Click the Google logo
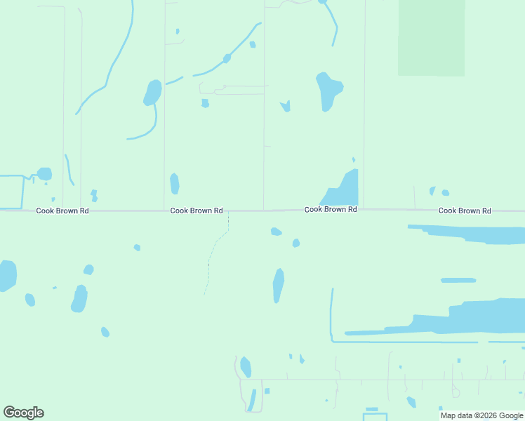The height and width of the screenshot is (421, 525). [x=23, y=412]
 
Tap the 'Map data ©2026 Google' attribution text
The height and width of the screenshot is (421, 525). [x=481, y=415]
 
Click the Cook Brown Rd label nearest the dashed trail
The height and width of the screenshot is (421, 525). [x=197, y=210]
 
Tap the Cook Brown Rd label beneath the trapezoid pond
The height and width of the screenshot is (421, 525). [x=331, y=210]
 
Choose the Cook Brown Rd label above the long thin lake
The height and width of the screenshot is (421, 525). [x=465, y=210]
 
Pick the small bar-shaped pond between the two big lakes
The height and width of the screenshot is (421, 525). [x=458, y=280]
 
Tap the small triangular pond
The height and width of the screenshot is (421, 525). [x=286, y=106]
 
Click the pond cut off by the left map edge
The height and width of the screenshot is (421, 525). [x=6, y=275]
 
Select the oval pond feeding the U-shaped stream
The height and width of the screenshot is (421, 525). [x=152, y=93]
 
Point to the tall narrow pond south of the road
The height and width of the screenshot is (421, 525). [x=278, y=285]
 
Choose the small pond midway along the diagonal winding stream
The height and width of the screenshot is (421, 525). [x=227, y=58]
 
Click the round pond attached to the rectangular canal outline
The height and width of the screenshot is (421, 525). [x=44, y=173]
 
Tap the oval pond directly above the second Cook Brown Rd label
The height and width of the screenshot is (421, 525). [x=174, y=183]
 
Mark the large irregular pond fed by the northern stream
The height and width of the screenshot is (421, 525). [x=328, y=91]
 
